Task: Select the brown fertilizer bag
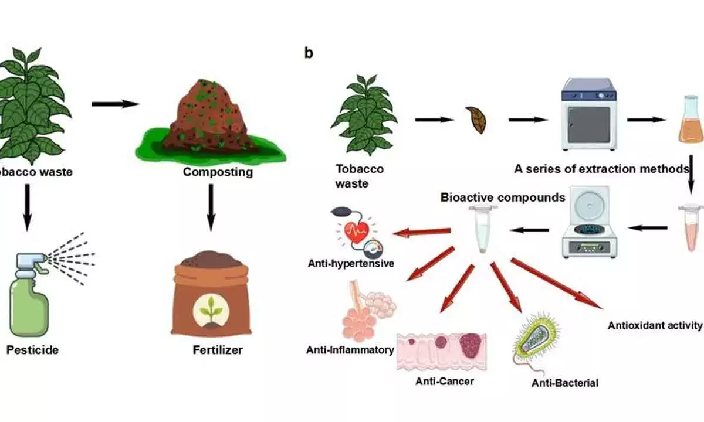[x=210, y=299]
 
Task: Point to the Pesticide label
[x=32, y=350]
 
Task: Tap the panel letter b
[x=309, y=53]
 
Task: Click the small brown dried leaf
[x=475, y=120]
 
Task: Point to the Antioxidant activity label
[x=655, y=326]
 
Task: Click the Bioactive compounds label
[x=503, y=198]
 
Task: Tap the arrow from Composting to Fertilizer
[x=211, y=207]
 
